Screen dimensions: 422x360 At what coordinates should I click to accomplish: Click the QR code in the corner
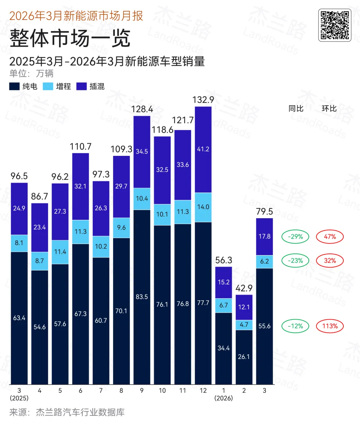(335, 25)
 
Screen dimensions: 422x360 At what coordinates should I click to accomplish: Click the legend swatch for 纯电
(14, 86)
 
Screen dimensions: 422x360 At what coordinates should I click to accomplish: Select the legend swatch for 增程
(48, 86)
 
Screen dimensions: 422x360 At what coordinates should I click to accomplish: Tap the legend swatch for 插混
(82, 86)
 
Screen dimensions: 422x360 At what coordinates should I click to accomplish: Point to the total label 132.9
(203, 100)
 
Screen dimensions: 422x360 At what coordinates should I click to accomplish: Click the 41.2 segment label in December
(203, 149)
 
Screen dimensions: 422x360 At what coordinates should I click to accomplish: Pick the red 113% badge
(330, 326)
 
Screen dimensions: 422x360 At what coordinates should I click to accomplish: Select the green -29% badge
(295, 237)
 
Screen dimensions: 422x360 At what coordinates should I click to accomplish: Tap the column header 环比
(329, 109)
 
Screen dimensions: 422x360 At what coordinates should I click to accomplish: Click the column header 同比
(296, 109)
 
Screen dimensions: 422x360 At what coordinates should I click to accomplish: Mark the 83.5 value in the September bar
(142, 297)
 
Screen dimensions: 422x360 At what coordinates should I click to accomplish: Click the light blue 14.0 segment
(203, 207)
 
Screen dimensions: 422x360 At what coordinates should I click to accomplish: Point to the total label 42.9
(244, 288)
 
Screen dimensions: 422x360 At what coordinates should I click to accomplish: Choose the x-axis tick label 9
(142, 391)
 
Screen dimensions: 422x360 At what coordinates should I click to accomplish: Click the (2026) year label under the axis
(224, 398)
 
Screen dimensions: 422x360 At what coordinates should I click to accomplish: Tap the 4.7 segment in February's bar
(244, 325)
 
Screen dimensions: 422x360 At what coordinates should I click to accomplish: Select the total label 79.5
(264, 211)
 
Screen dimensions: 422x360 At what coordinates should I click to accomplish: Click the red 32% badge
(330, 261)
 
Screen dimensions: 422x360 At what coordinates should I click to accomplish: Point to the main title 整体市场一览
(70, 38)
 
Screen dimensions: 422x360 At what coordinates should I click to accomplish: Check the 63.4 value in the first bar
(19, 318)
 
